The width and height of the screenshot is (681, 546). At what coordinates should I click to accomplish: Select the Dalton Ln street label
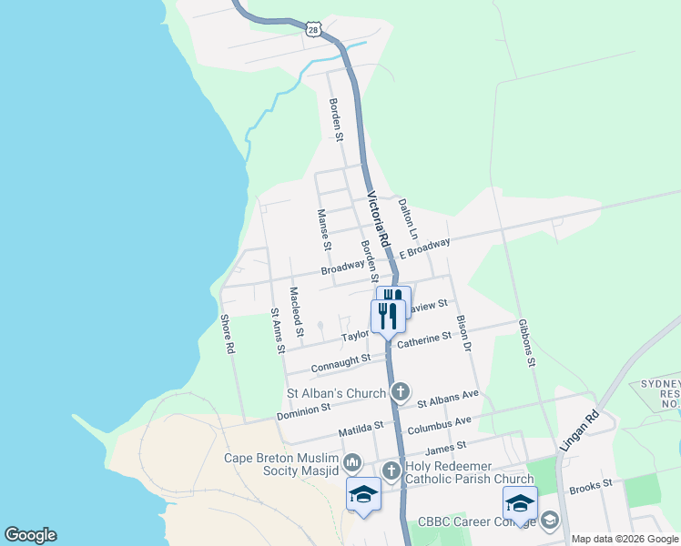407,214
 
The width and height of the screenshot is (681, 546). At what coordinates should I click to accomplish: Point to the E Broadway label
424,249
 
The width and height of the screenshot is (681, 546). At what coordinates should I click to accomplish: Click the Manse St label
322,228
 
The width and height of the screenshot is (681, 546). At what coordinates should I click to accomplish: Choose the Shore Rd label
228,334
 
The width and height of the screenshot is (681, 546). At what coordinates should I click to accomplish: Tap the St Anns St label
278,329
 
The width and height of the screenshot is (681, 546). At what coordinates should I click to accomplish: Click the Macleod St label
297,308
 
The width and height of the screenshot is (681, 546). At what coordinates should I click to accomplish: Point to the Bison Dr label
465,334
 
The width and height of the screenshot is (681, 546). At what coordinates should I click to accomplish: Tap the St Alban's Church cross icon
400,393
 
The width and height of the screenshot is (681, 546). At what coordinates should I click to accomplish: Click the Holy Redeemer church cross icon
391,470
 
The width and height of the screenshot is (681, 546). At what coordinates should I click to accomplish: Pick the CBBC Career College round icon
549,521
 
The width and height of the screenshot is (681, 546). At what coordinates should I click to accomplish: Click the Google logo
30,535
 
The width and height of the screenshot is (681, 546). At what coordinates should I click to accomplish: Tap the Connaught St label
341,363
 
